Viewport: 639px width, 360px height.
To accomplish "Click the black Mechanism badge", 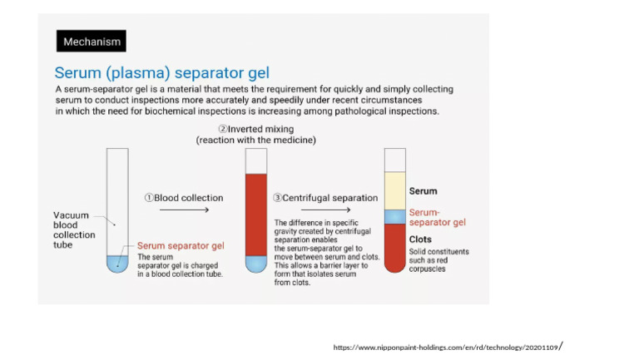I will [92, 41].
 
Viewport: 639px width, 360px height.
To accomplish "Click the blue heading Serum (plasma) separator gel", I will [161, 72].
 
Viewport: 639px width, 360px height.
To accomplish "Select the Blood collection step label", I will [184, 198].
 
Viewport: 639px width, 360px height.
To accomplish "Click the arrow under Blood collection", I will [184, 210].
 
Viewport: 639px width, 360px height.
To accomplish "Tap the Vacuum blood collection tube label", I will [73, 229].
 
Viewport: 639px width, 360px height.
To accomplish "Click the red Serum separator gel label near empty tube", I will [181, 245].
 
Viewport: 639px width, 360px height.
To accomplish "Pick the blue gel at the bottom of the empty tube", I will [117, 264].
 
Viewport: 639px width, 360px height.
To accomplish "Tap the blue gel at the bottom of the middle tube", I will [255, 264].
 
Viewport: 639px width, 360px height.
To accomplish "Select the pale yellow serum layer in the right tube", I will [394, 191].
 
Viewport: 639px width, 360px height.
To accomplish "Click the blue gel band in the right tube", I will [394, 216].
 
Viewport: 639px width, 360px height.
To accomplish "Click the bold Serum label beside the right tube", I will [423, 191].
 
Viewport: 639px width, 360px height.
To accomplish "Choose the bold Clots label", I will [420, 239].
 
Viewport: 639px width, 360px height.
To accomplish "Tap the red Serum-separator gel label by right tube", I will [437, 217].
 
